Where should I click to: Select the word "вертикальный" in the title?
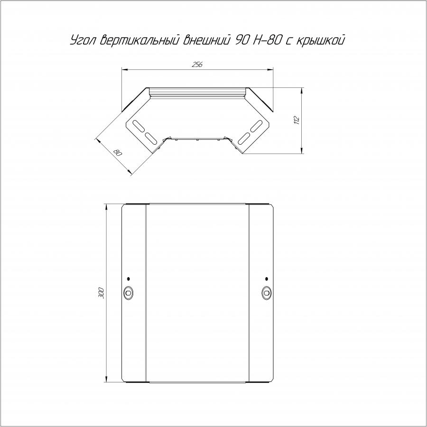[139, 40]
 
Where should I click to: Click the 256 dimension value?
[197, 65]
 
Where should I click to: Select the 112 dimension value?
[297, 121]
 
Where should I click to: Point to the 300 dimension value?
[101, 293]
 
